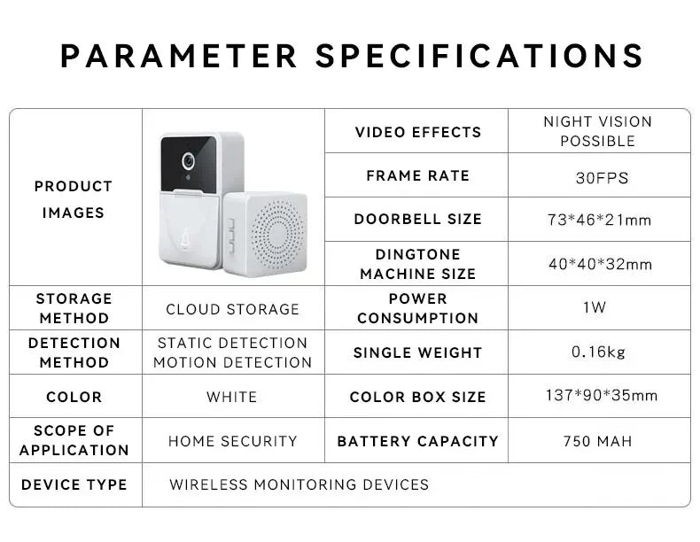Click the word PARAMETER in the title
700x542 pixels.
pos(180,56)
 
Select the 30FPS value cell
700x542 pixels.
pos(602,178)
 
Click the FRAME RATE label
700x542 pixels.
pos(417,175)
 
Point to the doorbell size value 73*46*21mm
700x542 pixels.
pos(599,220)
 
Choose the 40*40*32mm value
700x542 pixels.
pos(600,264)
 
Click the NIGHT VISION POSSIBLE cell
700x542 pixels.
pos(597,131)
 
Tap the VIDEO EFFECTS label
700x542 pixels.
pos(418,132)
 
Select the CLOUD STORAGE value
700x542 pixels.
pos(233,309)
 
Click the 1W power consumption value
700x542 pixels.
pos(595,307)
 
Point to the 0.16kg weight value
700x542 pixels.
pos(598,352)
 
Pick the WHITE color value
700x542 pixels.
pos(231,397)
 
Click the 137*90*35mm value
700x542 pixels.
pos(602,395)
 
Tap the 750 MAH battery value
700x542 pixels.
pos(597,440)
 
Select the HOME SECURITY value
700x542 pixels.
pos(233,440)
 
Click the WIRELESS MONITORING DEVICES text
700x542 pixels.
pos(299,484)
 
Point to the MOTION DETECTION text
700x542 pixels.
pos(233,362)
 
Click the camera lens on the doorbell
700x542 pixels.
pos(188,162)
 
